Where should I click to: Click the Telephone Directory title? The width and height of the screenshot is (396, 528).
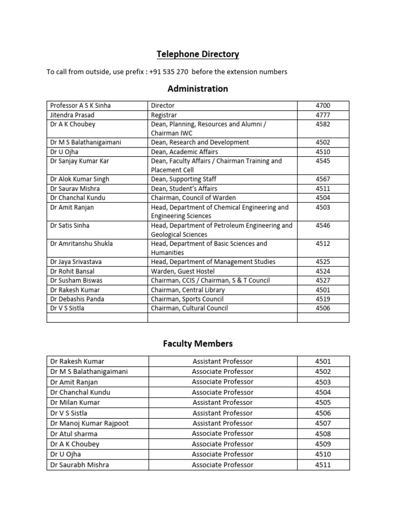coord(198,54)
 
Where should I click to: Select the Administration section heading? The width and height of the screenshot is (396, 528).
coord(198,89)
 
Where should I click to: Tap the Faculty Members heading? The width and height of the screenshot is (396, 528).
coord(198,343)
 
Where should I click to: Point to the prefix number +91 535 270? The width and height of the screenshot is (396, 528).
coord(169,72)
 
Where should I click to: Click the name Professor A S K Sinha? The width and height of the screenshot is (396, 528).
coord(80,106)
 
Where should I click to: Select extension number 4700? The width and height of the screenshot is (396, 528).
coord(323,106)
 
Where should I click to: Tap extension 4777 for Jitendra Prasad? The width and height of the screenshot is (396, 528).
coord(323,115)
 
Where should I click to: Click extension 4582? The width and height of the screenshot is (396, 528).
coord(323,124)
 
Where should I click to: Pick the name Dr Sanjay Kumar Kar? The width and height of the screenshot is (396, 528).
coord(80,161)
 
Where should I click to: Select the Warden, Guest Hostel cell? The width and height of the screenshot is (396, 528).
coord(183,271)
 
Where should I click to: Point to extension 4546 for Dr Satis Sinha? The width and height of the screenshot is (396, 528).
coord(323,226)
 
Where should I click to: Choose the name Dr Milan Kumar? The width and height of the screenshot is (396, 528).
coord(75,403)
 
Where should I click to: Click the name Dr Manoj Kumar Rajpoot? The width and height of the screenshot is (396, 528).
coord(90,423)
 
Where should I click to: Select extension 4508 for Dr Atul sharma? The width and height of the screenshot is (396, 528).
coord(323,434)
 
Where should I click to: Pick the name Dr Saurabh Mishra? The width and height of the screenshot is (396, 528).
coord(80,465)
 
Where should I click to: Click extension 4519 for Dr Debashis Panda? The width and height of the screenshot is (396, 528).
coord(323,299)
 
